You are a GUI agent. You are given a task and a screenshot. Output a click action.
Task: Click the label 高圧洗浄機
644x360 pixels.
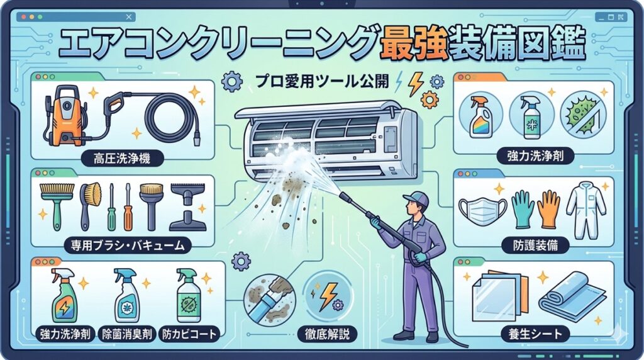[122, 158]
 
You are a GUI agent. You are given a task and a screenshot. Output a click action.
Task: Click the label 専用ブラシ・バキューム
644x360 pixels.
[128, 245]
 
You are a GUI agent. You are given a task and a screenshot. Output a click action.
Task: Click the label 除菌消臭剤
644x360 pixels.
[127, 334]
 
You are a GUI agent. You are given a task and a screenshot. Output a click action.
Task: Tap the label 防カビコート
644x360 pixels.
[189, 334]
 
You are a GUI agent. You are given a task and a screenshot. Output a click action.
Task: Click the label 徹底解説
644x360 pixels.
[327, 334]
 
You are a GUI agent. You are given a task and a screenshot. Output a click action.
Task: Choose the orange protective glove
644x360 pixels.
[548, 208]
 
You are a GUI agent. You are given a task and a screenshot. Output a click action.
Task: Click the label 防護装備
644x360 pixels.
[535, 245]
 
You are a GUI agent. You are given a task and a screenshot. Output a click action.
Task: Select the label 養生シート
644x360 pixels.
[535, 334]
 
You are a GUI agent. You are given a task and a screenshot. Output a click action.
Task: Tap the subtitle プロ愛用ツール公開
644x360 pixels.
[321, 81]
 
